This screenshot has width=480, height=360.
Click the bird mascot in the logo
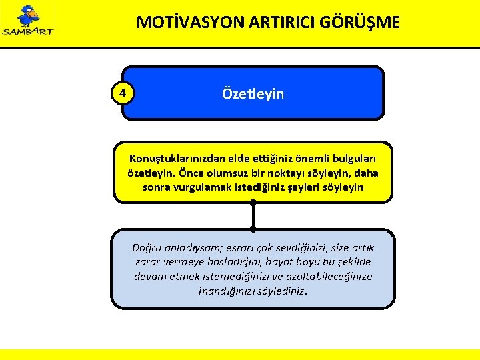pyautogui.click(x=28, y=16)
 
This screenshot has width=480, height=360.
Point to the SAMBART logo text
pyautogui.click(x=28, y=31)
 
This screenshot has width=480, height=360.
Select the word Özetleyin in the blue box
pyautogui.click(x=253, y=94)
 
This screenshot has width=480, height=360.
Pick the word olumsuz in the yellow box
pyautogui.click(x=227, y=173)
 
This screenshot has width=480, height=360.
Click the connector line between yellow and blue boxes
pyautogui.click(x=253, y=215)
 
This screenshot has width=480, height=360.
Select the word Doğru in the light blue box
pyautogui.click(x=147, y=247)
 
